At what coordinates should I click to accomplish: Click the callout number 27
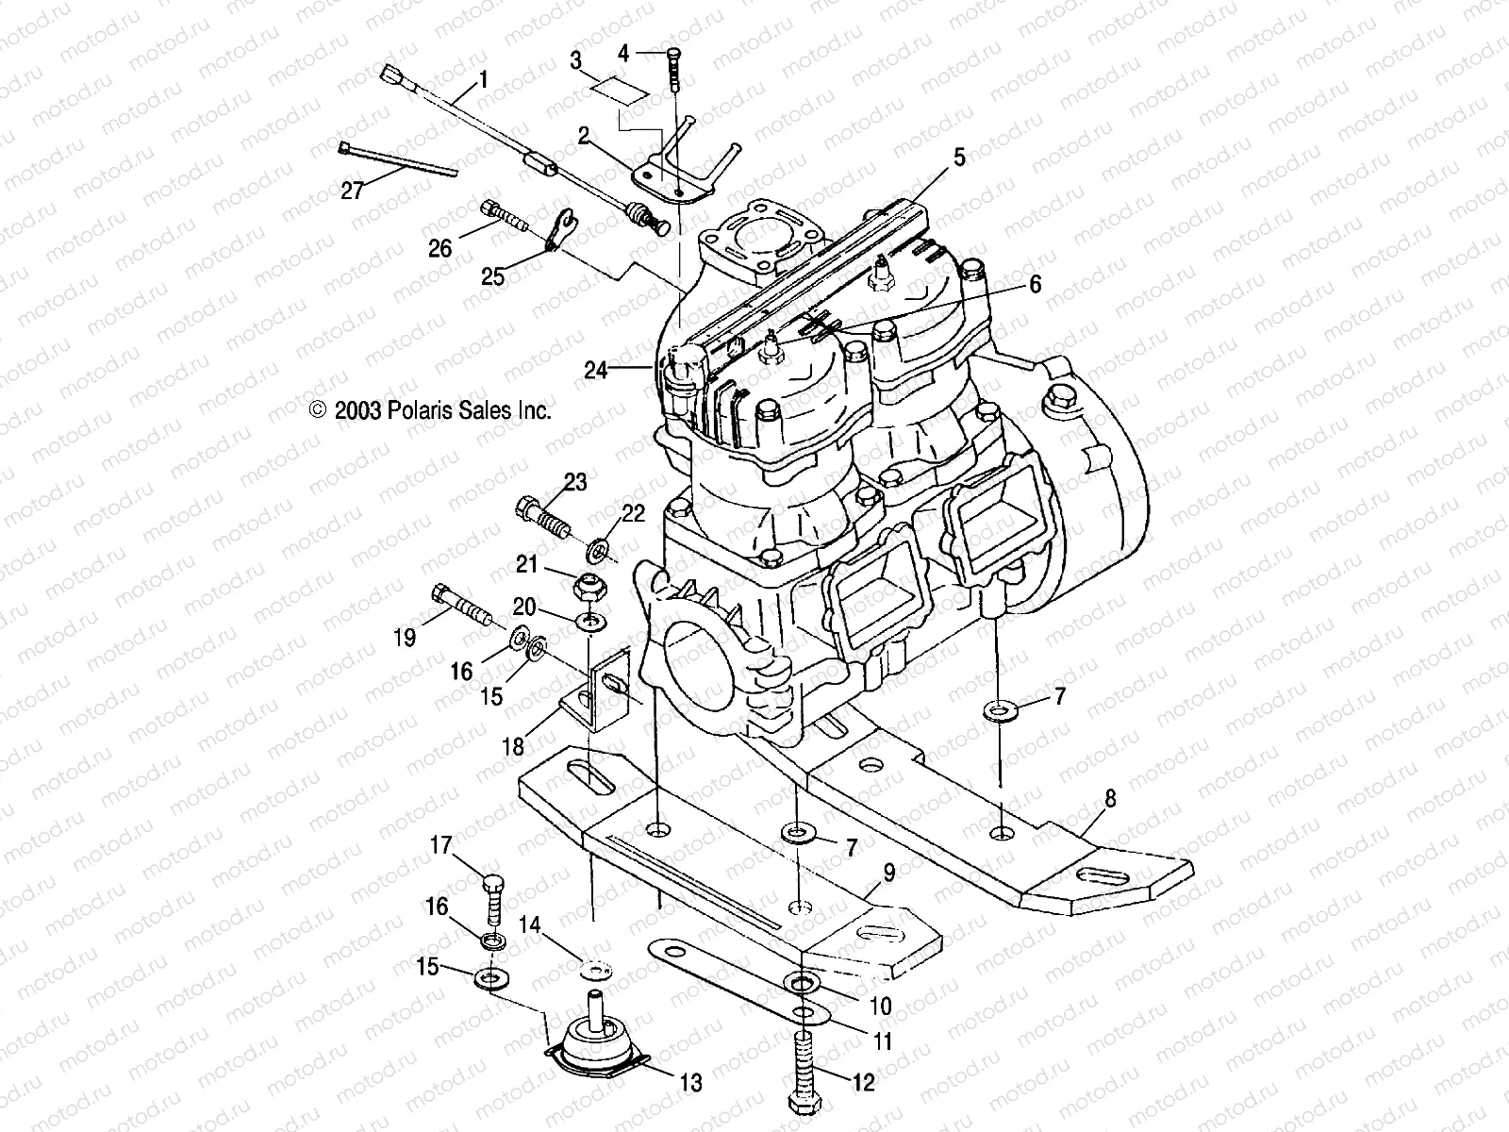[x=352, y=191]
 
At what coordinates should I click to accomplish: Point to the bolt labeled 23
[x=540, y=515]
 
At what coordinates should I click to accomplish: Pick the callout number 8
[x=1110, y=799]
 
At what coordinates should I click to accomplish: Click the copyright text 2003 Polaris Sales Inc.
[x=431, y=410]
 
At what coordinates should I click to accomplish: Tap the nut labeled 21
[x=589, y=588]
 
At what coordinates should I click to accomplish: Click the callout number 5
[x=959, y=158]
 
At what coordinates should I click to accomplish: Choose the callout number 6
[x=1035, y=284]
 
